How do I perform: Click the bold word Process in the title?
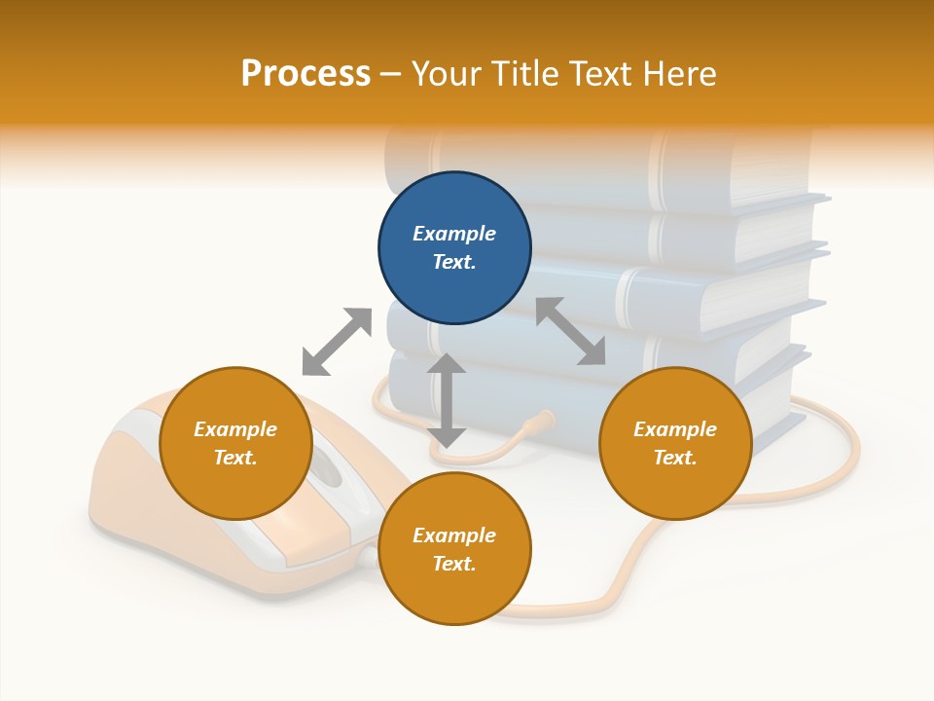[305, 74]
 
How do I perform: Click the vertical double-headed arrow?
[447, 400]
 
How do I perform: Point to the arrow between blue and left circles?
[337, 341]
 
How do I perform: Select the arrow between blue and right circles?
[570, 331]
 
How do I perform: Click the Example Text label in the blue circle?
[454, 247]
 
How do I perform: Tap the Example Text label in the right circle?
[675, 443]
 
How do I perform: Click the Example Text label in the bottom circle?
[454, 549]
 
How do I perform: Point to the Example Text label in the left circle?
[235, 443]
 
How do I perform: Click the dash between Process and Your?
[391, 74]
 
